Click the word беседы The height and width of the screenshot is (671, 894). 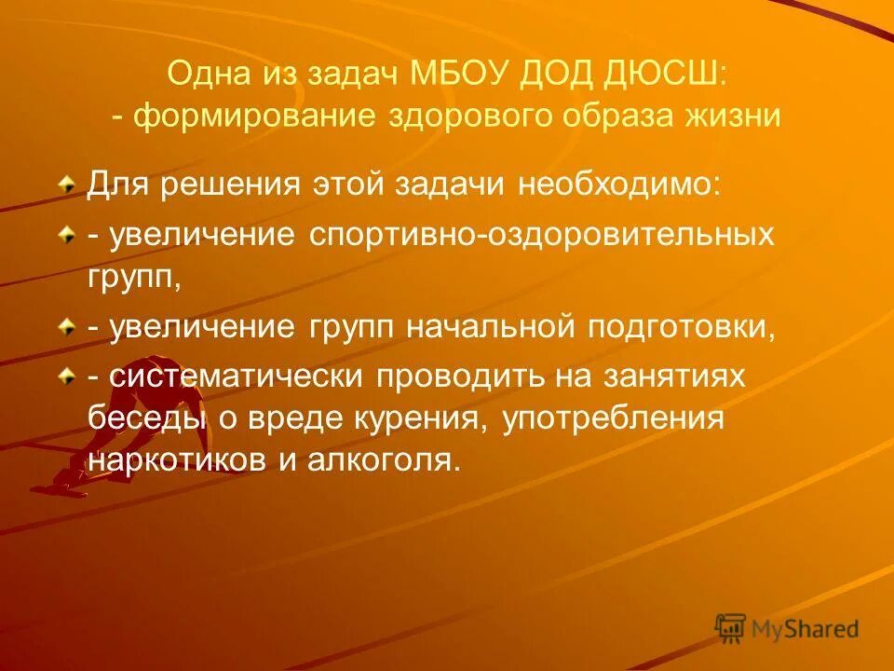pos(144,419)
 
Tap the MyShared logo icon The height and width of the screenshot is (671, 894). pos(730,627)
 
